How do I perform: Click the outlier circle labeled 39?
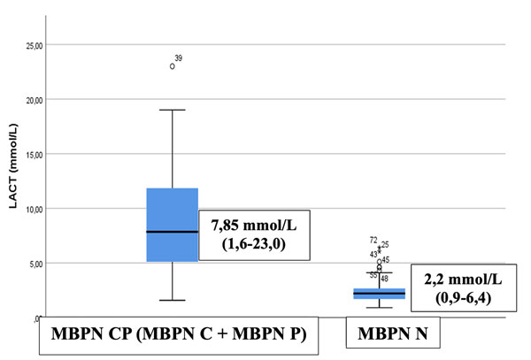pyautogui.click(x=173, y=66)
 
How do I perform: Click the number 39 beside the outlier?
pyautogui.click(x=179, y=58)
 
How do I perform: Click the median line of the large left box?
pyautogui.click(x=172, y=232)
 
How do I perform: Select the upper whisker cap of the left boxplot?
pyautogui.click(x=172, y=110)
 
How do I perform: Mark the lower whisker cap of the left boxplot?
pyautogui.click(x=172, y=300)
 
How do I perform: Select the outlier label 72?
pyautogui.click(x=373, y=241)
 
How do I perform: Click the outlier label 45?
pyautogui.click(x=386, y=260)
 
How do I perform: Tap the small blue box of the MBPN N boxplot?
pyautogui.click(x=379, y=293)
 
